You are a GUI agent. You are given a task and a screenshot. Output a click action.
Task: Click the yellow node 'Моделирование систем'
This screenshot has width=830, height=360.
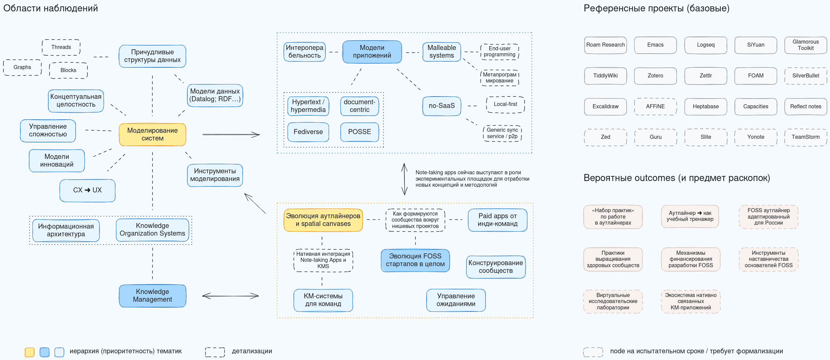152,134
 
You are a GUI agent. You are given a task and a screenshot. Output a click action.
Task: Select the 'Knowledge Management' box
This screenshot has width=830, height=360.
152,296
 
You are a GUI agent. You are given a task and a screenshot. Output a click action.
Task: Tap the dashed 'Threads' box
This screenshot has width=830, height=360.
61,47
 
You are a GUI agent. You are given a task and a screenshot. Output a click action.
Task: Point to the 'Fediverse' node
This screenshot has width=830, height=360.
308,132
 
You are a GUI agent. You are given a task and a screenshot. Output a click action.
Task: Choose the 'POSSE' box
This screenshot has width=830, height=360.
360,132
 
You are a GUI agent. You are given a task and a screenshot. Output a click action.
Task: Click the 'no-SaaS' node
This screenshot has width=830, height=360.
442,106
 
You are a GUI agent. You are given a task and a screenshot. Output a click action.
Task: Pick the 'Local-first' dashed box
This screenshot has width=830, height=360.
505,104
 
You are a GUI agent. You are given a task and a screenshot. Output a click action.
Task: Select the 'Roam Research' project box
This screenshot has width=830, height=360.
605,45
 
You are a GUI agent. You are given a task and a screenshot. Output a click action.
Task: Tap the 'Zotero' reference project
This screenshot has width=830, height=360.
655,76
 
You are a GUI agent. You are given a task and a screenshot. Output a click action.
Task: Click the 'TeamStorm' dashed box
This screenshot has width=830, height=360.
806,137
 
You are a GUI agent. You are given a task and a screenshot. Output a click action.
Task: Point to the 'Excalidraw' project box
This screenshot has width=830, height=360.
605,107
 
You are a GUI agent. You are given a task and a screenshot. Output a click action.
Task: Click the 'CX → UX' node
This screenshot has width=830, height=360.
87,190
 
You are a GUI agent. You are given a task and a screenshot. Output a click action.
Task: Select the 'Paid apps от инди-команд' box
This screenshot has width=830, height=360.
497,220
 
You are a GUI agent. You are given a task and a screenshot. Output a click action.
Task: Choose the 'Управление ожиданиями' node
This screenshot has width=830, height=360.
456,300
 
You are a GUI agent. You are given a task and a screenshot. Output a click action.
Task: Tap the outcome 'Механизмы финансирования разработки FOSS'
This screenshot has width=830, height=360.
691,259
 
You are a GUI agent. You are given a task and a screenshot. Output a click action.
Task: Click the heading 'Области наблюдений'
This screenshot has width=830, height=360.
51,8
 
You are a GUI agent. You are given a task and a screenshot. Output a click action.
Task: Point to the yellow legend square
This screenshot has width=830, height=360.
29,352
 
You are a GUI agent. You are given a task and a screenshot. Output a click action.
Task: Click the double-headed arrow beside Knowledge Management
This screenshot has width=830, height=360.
231,296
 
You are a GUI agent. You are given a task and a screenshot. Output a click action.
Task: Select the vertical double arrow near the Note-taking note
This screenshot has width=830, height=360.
404,179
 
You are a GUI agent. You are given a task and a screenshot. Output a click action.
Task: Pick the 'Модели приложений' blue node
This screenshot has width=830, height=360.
372,52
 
